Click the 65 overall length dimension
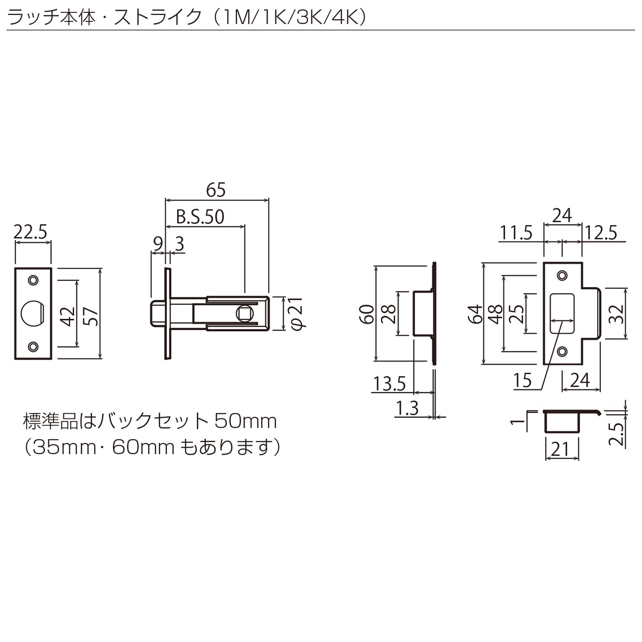[x=216, y=190]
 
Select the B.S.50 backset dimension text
[x=200, y=217]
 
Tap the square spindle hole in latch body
[x=246, y=313]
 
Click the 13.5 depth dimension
[x=389, y=384]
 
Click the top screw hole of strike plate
[x=562, y=275]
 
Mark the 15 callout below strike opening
[x=522, y=380]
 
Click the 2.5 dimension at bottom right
[x=616, y=434]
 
